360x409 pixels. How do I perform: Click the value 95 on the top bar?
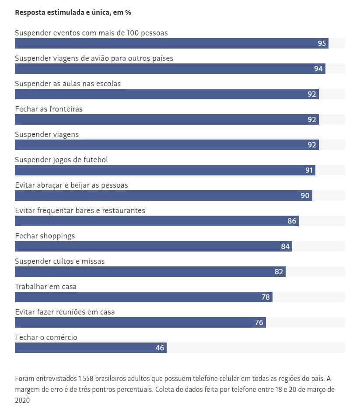pos(322,43)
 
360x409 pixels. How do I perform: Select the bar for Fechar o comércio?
pos(91,348)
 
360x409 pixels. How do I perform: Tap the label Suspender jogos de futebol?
pos(61,160)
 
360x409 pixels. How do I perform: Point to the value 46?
pos(160,348)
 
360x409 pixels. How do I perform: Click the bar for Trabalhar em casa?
pos(144,297)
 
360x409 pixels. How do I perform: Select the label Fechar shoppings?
pos(45,236)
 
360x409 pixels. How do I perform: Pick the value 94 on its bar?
pos(318,69)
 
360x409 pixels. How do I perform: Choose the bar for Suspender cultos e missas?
pos(150,272)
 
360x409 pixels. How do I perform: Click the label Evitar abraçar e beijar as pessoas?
pos(71,185)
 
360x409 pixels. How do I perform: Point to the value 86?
pos(292,221)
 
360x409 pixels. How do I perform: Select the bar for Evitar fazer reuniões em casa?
pos(140,322)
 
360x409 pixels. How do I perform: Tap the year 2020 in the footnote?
pos(22,400)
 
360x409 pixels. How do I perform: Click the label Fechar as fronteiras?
pos(49,109)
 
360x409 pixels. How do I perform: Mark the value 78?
pos(266,297)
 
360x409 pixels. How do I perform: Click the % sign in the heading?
pos(128,13)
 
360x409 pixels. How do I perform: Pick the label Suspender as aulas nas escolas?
pos(68,84)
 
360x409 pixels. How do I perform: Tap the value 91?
pos(309,170)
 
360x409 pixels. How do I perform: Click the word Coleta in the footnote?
pos(164,389)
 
